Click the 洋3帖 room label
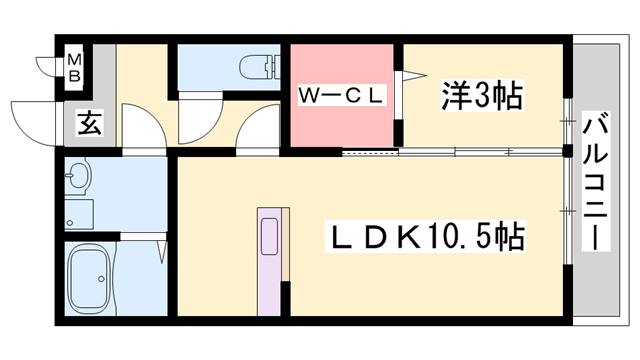[x=481, y=96]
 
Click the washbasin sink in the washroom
[x=77, y=181]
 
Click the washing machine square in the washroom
[x=78, y=214]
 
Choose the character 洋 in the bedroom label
[x=453, y=96]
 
